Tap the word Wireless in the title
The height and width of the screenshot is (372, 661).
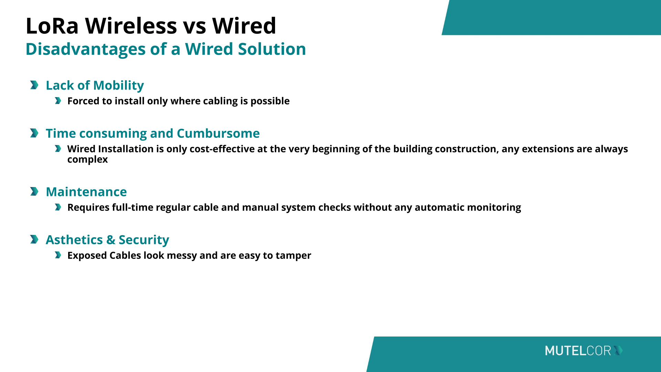(x=131, y=26)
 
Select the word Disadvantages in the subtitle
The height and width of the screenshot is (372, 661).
(x=86, y=49)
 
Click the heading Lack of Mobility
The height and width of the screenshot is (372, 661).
(x=95, y=85)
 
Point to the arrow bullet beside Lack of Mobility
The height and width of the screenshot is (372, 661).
(x=34, y=85)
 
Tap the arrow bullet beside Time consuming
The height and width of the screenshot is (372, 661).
(x=34, y=133)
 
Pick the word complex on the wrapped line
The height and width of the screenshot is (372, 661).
(x=87, y=160)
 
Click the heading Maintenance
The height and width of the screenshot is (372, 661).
(x=86, y=192)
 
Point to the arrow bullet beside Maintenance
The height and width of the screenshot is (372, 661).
(x=34, y=191)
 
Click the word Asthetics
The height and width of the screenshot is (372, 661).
(x=74, y=240)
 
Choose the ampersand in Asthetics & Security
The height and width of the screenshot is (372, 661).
(x=111, y=240)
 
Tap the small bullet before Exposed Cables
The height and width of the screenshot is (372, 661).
(x=58, y=255)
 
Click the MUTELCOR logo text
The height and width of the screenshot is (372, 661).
(x=578, y=351)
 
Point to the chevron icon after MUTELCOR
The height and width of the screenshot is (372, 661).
(x=618, y=351)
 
